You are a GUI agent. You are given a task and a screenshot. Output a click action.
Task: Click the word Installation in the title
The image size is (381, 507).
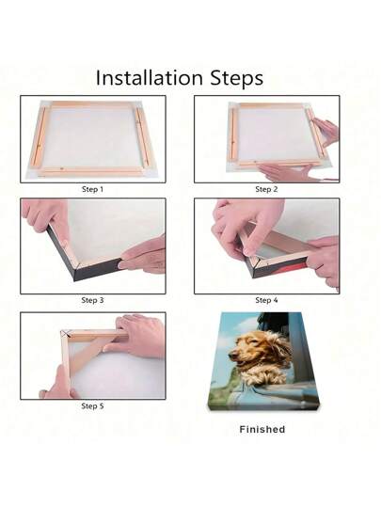(x=150, y=78)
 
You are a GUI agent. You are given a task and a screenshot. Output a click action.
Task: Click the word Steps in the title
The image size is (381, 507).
(x=237, y=78)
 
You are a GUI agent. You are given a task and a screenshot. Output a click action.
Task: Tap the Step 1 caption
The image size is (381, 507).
(x=92, y=189)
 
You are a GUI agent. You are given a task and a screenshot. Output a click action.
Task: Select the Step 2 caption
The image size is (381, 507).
(x=266, y=189)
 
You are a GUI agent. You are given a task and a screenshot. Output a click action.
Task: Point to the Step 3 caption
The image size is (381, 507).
(x=92, y=300)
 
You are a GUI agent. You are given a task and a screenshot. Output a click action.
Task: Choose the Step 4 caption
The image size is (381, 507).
(x=266, y=300)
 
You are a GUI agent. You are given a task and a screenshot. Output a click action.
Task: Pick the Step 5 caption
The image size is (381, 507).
(x=92, y=405)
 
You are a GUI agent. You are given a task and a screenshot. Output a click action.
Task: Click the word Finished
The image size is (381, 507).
(x=262, y=429)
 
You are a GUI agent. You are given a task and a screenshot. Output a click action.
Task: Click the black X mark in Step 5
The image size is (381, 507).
(x=66, y=333)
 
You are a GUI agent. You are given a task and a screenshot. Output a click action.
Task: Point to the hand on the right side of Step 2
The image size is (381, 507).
(x=326, y=131)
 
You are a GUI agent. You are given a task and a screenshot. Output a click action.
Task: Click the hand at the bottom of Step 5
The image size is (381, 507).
(x=58, y=384)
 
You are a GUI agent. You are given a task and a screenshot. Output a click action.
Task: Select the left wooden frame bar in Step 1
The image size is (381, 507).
(x=39, y=136)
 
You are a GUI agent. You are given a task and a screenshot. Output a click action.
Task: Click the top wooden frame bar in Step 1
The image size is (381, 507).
(x=93, y=104)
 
